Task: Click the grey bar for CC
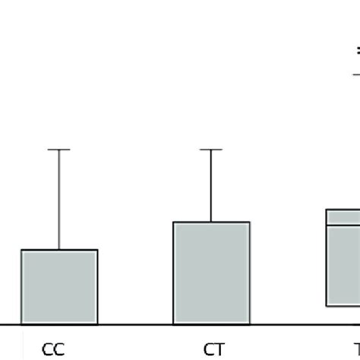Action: (x=59, y=286)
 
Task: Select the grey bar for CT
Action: (x=212, y=273)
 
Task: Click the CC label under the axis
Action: (x=53, y=349)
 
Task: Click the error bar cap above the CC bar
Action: (x=59, y=150)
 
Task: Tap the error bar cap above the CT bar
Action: (x=212, y=150)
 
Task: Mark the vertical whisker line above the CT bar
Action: (x=212, y=186)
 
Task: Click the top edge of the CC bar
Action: (x=59, y=249)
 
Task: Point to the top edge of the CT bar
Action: (x=212, y=222)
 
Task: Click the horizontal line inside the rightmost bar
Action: (x=343, y=225)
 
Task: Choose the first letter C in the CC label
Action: (x=47, y=349)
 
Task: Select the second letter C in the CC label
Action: (x=59, y=349)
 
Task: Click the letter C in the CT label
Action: (x=207, y=349)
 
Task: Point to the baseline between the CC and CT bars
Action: (x=136, y=324)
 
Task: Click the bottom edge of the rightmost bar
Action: (x=343, y=306)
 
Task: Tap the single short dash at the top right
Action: (x=355, y=74)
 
